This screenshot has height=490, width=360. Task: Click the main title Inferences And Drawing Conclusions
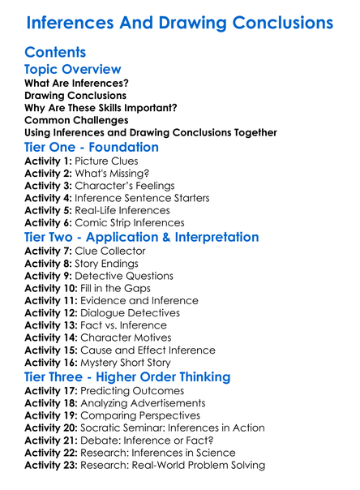click(x=180, y=22)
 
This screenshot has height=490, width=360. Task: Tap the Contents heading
click(x=55, y=53)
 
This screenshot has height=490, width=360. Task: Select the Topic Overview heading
click(x=73, y=70)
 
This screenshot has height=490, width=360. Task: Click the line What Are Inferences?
click(x=76, y=83)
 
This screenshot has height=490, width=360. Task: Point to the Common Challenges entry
click(x=75, y=120)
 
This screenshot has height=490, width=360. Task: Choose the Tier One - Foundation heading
click(x=92, y=147)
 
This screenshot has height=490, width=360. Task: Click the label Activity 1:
click(x=48, y=161)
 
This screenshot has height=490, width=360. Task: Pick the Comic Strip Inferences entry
click(x=129, y=222)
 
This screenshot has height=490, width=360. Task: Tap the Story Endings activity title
click(x=106, y=263)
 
